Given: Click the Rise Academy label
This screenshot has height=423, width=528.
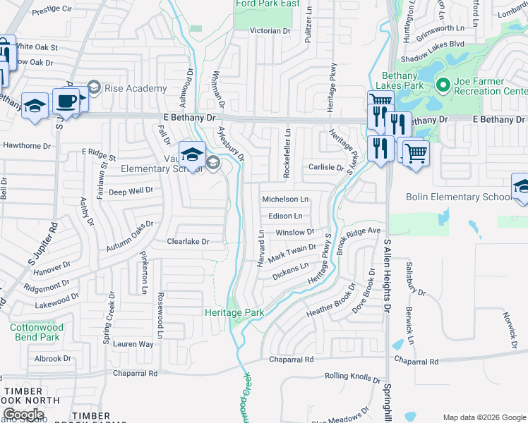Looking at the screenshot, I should (136, 88).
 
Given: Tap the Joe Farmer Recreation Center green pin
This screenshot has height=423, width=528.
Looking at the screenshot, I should (443, 85).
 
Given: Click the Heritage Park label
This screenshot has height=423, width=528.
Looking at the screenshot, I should (234, 312).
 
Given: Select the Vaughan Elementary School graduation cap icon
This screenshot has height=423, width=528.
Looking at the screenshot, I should (192, 153).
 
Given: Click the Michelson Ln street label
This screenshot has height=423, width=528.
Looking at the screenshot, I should (285, 200).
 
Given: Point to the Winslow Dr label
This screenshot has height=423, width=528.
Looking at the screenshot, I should (294, 232).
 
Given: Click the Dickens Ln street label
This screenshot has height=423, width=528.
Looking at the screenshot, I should (290, 269).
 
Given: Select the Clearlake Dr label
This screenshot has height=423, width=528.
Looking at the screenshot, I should (188, 241).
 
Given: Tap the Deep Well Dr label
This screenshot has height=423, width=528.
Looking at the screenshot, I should (131, 190).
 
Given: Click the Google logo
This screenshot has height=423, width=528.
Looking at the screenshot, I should (23, 414).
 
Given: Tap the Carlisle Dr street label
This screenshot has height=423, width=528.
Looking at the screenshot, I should (325, 168).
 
